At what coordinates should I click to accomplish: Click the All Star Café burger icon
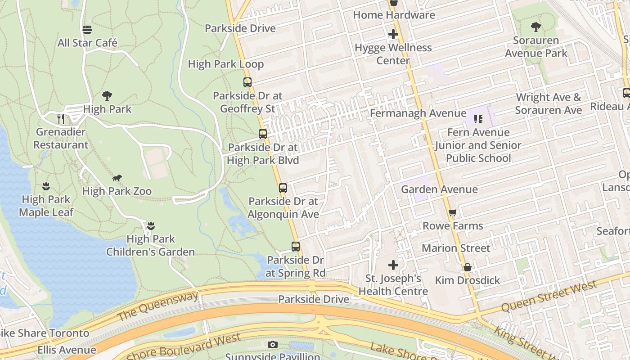(x=87, y=30)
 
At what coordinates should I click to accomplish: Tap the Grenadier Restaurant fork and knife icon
(x=61, y=119)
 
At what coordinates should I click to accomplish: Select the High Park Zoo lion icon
(x=117, y=178)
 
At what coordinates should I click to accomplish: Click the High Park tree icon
(x=107, y=95)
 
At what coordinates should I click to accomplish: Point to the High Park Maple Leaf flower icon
(x=46, y=186)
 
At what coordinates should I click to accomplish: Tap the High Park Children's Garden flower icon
(x=151, y=225)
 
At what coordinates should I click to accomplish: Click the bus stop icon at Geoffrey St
(x=247, y=82)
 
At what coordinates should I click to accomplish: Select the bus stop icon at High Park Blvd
(x=263, y=134)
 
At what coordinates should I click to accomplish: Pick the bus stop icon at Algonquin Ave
(x=283, y=188)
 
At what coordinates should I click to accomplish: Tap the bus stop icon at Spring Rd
(x=296, y=247)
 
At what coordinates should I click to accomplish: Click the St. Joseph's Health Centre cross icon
(x=393, y=265)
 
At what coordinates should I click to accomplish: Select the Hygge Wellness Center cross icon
(x=393, y=34)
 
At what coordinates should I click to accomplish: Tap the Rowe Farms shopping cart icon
(x=453, y=212)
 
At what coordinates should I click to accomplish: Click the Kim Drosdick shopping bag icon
(x=468, y=267)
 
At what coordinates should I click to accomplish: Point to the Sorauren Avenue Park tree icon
(x=535, y=27)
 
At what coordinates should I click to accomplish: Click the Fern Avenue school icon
(x=478, y=119)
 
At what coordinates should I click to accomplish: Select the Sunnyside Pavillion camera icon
(x=272, y=345)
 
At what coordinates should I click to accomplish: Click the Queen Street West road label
(x=549, y=296)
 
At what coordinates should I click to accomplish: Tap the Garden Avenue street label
(x=439, y=189)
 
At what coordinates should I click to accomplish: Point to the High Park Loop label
(x=226, y=64)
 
